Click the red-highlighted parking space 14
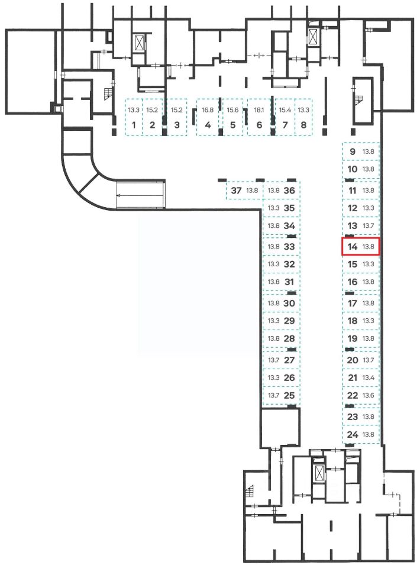click(x=361, y=247)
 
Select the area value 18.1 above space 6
click(x=259, y=110)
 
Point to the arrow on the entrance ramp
click(x=140, y=196)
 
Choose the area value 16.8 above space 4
click(x=208, y=110)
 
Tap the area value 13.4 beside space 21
click(x=368, y=378)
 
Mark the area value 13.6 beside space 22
click(x=368, y=396)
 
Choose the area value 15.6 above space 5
click(x=233, y=110)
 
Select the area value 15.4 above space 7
click(x=285, y=110)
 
